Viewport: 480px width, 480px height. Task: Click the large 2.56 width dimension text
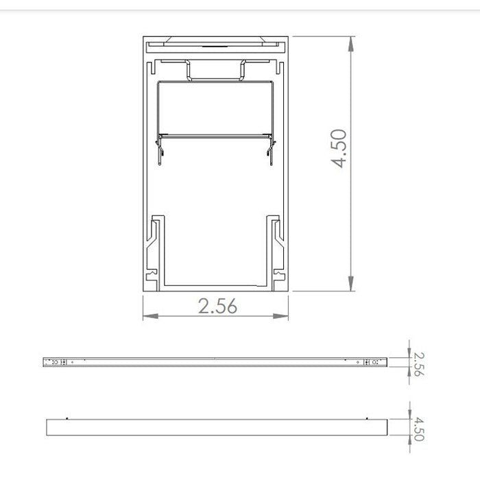click(217, 307)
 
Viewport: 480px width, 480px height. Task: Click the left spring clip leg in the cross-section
click(160, 150)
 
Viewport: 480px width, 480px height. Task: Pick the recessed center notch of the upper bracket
click(215, 75)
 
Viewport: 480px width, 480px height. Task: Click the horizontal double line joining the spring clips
click(215, 134)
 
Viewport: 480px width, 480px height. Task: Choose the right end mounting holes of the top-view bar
click(371, 361)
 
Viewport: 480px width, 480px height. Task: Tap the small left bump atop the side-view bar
click(67, 417)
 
